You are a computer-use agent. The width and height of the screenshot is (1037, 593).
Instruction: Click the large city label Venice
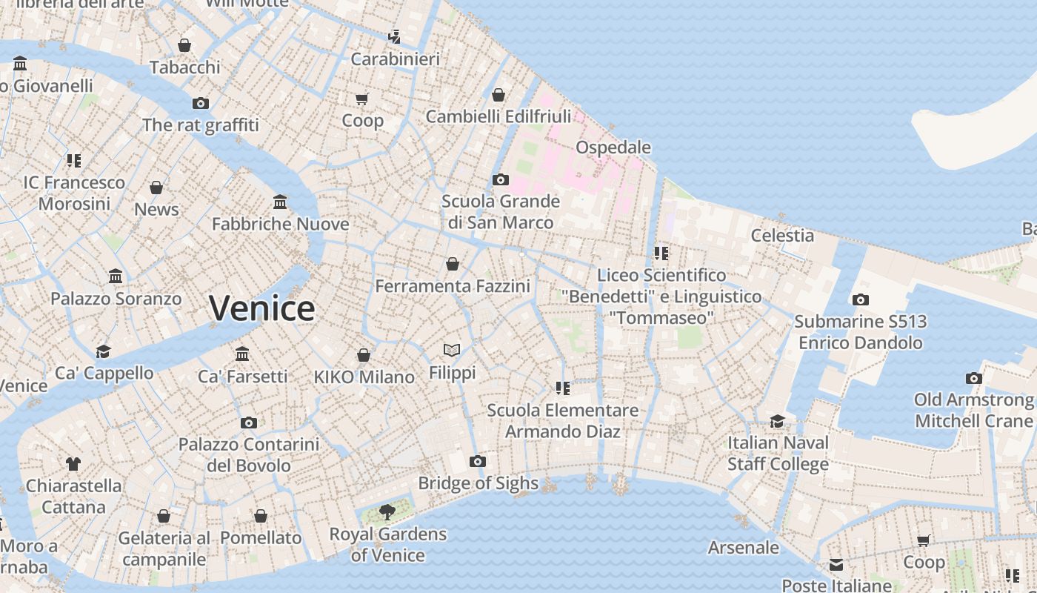coord(262,308)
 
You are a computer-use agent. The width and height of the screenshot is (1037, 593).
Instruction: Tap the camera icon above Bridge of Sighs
coord(478,461)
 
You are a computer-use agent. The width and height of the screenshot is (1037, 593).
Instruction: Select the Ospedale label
coord(613,147)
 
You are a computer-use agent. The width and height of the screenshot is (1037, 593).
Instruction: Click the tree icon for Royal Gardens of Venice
coord(387,511)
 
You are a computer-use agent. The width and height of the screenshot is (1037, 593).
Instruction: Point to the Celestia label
coord(782,236)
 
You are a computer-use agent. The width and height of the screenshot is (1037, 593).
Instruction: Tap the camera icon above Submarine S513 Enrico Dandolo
coord(860,299)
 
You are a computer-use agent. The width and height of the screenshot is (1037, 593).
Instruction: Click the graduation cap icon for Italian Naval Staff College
coord(777,421)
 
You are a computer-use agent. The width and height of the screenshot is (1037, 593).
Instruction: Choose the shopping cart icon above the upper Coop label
coord(362,99)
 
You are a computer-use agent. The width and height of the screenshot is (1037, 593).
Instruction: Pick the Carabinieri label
coord(396,59)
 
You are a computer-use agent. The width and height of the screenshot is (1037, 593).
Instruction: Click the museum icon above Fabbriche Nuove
coord(280,202)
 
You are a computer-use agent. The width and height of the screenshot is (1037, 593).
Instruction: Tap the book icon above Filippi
coord(452,350)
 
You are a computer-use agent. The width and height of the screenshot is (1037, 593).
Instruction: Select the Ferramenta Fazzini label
coord(453,286)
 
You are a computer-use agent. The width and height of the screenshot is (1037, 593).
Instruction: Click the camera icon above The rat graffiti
coord(200,103)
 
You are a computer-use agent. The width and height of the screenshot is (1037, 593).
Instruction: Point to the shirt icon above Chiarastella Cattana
coord(73,464)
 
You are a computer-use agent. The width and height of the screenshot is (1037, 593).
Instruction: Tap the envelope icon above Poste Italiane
coord(836,565)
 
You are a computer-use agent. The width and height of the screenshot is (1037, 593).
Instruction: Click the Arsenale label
coord(744,548)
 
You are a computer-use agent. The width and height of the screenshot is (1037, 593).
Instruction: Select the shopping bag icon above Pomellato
coord(261,516)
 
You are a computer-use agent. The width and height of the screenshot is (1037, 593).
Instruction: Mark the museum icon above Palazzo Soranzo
coord(116,276)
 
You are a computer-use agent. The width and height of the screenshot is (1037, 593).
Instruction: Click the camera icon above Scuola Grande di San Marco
coord(501,179)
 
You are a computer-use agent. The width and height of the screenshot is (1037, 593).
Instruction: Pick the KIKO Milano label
coord(364,377)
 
